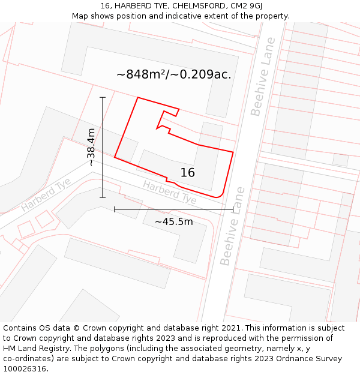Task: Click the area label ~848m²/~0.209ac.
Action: (x=174, y=74)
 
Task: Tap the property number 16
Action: (x=188, y=173)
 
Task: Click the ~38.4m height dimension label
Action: (x=91, y=147)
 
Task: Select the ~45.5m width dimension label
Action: (x=174, y=221)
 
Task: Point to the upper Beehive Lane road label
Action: (x=263, y=77)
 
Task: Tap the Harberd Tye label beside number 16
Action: (x=169, y=191)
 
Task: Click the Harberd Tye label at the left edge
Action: (x=46, y=194)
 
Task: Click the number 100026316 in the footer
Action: (x=26, y=369)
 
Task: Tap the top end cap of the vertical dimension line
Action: (x=103, y=97)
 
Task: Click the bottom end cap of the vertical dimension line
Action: (x=103, y=197)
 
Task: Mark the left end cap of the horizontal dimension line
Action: (x=115, y=209)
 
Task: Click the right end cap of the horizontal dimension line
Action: (x=233, y=209)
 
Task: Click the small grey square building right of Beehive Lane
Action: (x=340, y=160)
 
